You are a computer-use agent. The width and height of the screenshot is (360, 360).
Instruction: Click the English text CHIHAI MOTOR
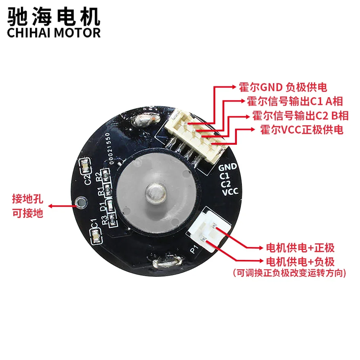54,33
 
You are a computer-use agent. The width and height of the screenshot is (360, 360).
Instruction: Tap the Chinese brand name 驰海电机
54,16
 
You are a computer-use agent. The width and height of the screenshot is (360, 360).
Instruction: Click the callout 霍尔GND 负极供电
283,87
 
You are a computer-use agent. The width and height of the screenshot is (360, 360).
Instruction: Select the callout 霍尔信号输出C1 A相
295,101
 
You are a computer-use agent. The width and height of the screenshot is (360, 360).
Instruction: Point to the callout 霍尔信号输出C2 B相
300,116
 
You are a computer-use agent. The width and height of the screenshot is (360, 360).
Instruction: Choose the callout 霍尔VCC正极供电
302,130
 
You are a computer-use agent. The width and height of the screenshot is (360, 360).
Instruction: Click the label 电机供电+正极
300,248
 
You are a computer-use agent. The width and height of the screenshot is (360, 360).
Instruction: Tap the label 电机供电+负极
300,261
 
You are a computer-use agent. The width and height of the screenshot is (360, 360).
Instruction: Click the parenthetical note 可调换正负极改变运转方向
290,273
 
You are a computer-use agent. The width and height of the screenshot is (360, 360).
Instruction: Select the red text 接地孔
28,199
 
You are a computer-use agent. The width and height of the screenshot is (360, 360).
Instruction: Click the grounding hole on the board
81,203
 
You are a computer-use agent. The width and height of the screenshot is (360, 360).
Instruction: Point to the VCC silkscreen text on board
230,192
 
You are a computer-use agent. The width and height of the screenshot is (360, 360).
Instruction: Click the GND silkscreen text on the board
228,167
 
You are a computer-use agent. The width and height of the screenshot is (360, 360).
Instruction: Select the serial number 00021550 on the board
110,148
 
